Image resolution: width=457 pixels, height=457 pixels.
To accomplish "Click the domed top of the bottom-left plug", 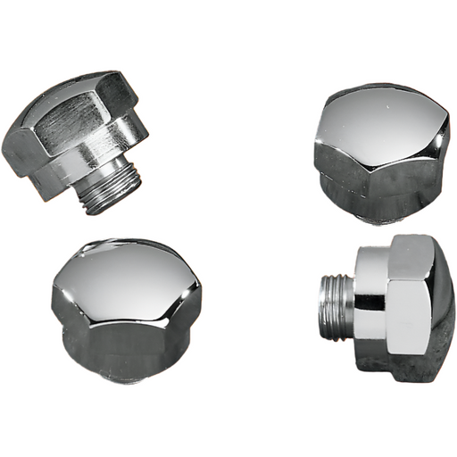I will pyautogui.click(x=125, y=272).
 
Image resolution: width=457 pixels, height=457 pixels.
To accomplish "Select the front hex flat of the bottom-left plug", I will pyautogui.click(x=125, y=335).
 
